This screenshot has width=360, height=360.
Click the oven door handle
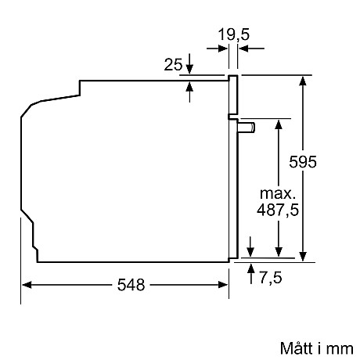247,126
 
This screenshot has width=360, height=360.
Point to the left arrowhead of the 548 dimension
26,286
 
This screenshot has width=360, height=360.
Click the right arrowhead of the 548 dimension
225,286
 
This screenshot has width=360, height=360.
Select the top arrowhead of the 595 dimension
303,80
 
